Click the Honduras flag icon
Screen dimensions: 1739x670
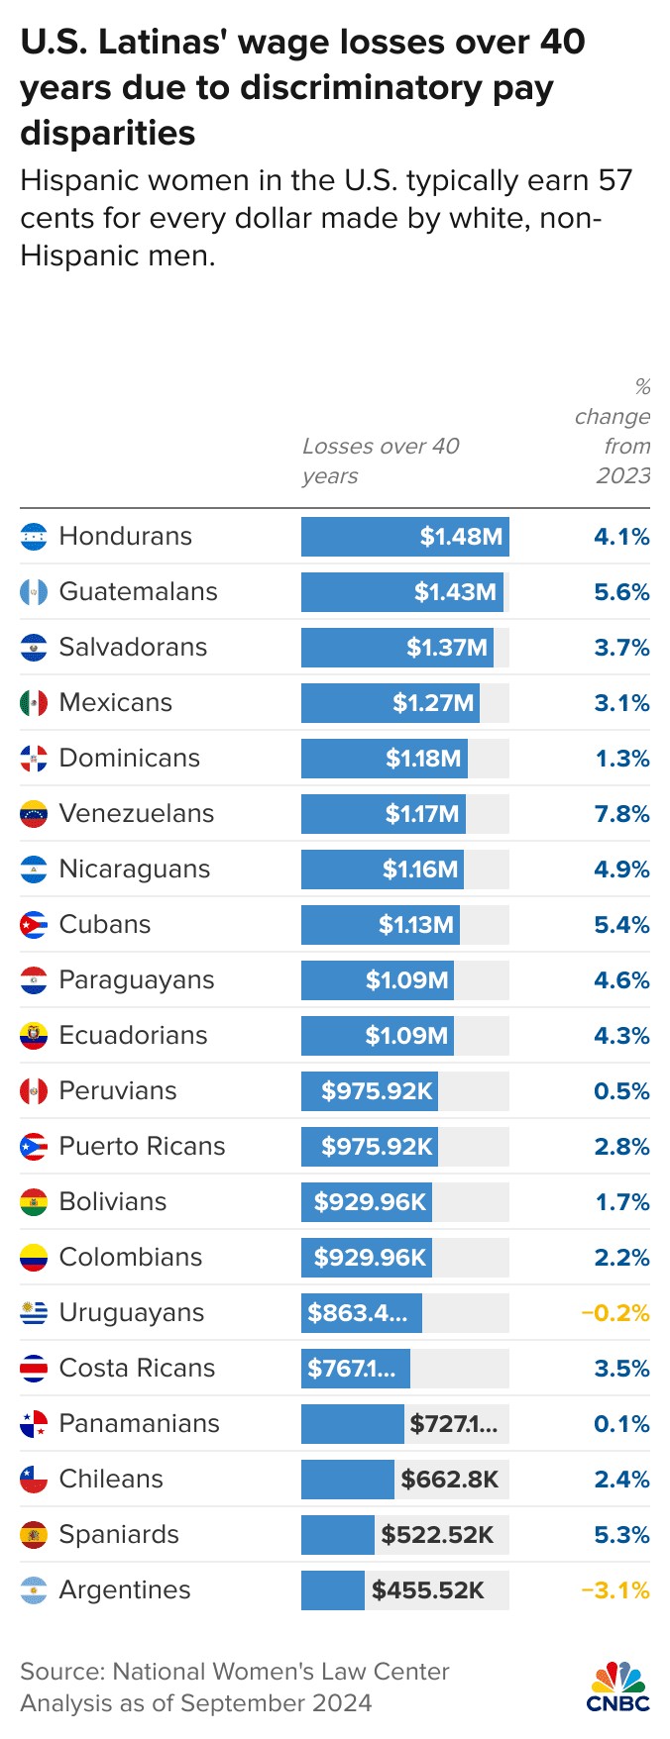click(x=34, y=537)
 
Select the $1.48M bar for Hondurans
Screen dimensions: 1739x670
click(x=404, y=537)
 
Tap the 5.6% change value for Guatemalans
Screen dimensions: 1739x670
click(x=621, y=592)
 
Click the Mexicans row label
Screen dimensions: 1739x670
click(x=115, y=703)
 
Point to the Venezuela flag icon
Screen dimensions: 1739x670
click(x=34, y=814)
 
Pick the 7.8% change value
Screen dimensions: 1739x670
click(x=621, y=814)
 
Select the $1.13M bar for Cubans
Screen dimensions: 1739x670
click(x=381, y=925)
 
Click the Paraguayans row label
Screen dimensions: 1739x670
click(x=136, y=980)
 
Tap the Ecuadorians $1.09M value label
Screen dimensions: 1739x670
click(x=406, y=1036)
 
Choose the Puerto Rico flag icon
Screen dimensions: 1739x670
click(x=34, y=1147)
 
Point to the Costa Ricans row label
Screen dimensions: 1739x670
click(x=137, y=1369)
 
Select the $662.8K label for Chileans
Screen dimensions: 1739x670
click(x=449, y=1480)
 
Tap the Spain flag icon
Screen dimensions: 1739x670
click(x=34, y=1535)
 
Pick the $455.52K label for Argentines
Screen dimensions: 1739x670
click(x=428, y=1590)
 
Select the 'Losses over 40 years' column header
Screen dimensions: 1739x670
click(x=381, y=460)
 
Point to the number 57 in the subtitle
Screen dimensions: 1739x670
click(x=614, y=181)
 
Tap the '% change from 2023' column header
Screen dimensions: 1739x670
click(x=614, y=431)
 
